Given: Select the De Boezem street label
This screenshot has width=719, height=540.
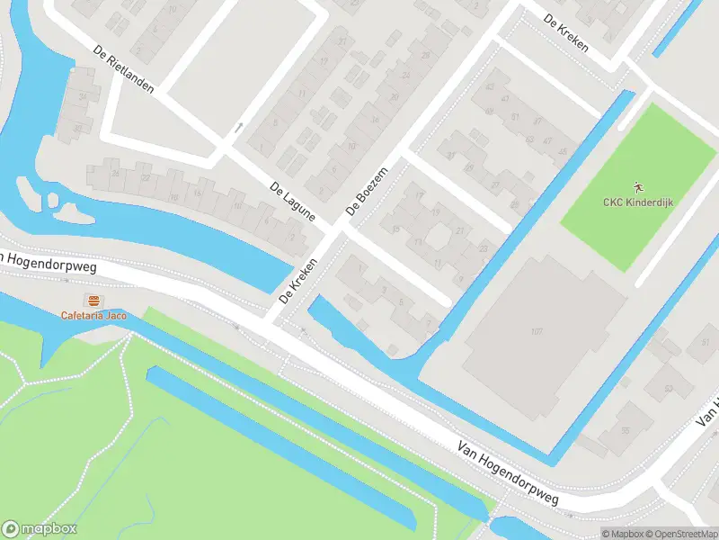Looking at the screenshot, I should click(x=366, y=193).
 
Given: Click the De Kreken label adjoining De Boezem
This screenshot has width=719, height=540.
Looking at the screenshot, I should click(x=299, y=280).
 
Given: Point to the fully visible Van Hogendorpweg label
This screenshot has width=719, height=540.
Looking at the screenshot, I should click(x=508, y=472).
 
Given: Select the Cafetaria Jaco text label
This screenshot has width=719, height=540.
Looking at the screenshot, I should click(x=93, y=315).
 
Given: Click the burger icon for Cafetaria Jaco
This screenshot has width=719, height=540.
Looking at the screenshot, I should click(x=93, y=301).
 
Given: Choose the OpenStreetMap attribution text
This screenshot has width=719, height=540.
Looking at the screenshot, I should click(x=679, y=534).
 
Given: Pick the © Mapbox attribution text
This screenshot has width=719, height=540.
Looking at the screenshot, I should click(x=622, y=534).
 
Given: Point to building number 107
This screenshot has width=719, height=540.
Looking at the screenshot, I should click(x=537, y=332).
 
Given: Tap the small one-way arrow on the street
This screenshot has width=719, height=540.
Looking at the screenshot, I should click(x=238, y=128).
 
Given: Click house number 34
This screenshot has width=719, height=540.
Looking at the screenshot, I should click(x=82, y=96).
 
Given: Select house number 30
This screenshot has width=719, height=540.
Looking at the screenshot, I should click(x=78, y=129).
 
